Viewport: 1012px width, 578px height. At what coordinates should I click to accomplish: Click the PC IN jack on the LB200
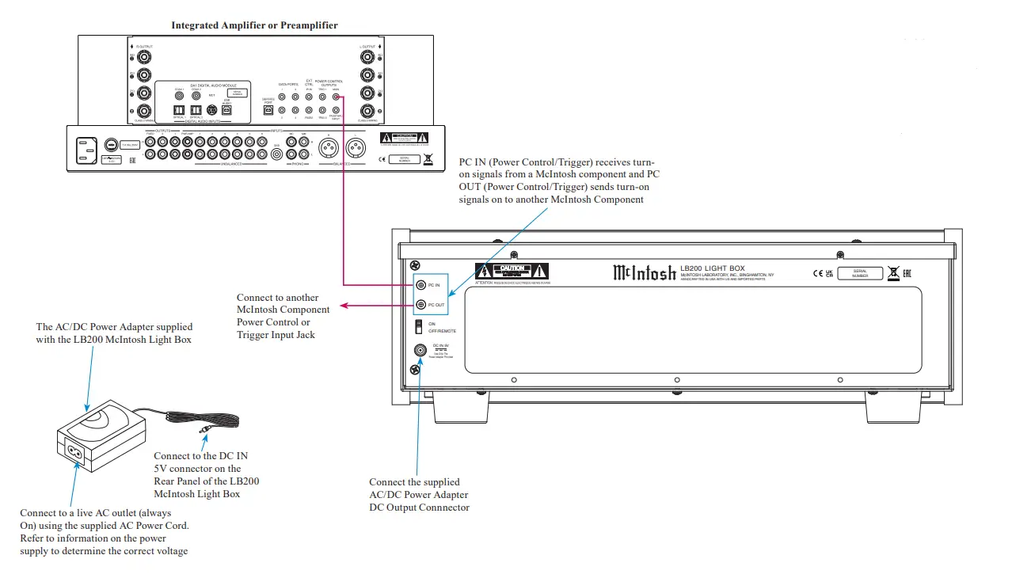(420, 284)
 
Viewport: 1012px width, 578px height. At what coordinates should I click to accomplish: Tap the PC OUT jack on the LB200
(420, 304)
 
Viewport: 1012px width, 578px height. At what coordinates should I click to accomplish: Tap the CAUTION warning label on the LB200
(512, 270)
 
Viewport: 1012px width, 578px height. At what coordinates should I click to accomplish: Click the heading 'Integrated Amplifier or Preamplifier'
(254, 25)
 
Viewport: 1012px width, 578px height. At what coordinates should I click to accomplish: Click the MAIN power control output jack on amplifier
(337, 97)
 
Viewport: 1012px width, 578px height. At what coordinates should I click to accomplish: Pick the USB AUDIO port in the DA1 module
(227, 111)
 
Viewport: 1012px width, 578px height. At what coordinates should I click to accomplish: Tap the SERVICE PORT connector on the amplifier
(268, 111)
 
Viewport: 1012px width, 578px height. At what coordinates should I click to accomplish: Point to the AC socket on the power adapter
(76, 453)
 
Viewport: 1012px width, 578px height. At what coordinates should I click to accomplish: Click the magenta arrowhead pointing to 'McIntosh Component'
(342, 305)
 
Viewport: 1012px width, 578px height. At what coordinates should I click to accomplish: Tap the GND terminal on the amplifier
(276, 154)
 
